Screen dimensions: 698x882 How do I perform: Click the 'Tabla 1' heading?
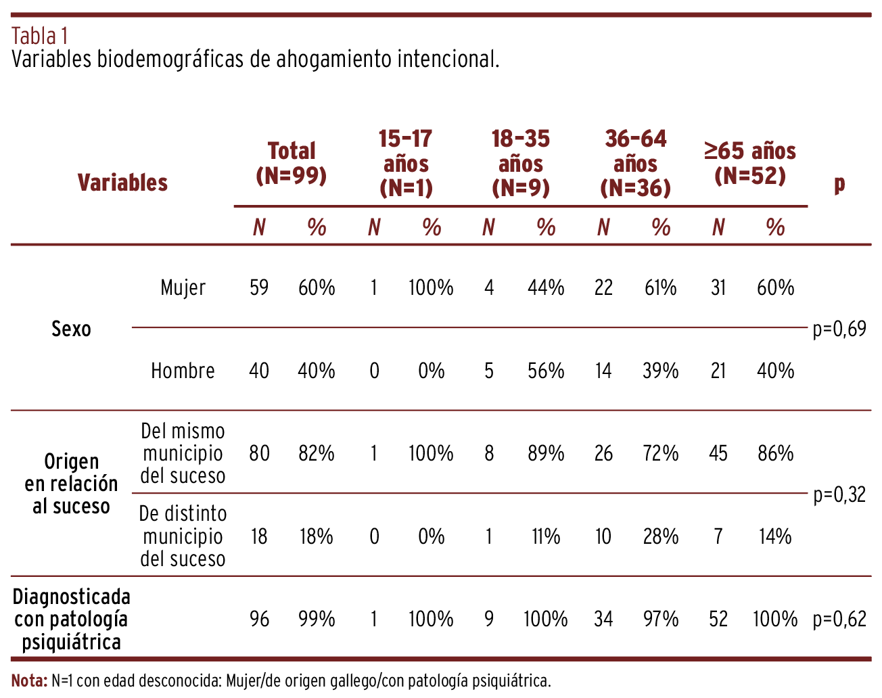click(40, 35)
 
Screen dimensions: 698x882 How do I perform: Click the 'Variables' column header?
click(122, 183)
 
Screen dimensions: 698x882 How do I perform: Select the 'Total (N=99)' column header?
click(292, 163)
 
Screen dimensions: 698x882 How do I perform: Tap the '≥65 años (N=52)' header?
click(749, 163)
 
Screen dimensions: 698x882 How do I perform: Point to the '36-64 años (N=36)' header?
click(635, 164)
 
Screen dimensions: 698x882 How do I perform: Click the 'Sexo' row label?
click(71, 329)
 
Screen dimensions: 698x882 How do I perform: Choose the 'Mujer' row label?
click(183, 288)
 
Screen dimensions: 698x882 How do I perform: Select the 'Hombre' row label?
click(183, 371)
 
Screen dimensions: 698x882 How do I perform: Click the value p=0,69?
click(839, 329)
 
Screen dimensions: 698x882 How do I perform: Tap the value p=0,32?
click(839, 495)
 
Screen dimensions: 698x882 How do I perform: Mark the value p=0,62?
click(839, 619)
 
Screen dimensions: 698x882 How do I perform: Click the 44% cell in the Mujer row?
click(546, 288)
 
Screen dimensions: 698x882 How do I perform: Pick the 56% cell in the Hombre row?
click(546, 371)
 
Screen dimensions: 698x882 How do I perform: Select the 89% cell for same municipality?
click(546, 453)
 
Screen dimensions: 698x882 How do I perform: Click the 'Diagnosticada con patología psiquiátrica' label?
click(71, 619)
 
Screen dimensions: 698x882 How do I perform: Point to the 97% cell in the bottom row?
click(660, 619)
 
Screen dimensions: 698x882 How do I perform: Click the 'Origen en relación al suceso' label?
click(71, 484)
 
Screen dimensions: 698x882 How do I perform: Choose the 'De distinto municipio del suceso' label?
click(183, 536)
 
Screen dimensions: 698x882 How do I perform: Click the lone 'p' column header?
click(839, 183)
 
